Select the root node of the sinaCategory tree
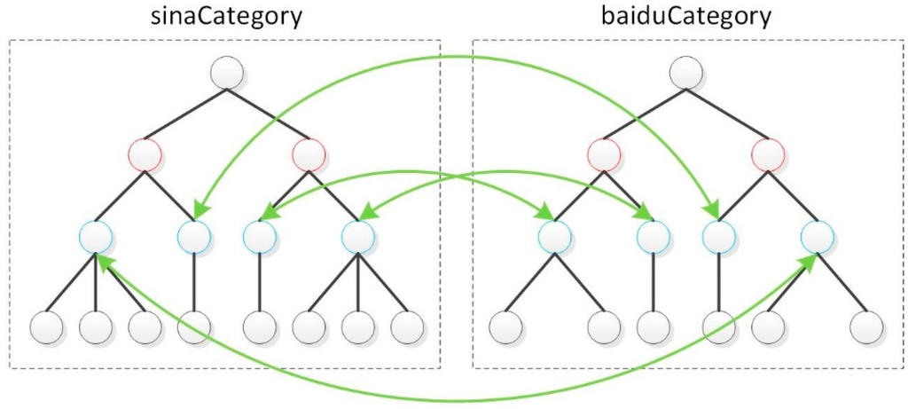(227, 72)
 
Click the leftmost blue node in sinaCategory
(95, 236)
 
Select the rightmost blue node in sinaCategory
(357, 236)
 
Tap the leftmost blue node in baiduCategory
(554, 236)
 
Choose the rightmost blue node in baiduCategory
(817, 236)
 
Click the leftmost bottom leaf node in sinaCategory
(46, 327)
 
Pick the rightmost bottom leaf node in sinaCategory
(407, 327)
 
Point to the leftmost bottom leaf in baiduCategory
(505, 327)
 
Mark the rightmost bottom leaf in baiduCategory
(866, 327)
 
